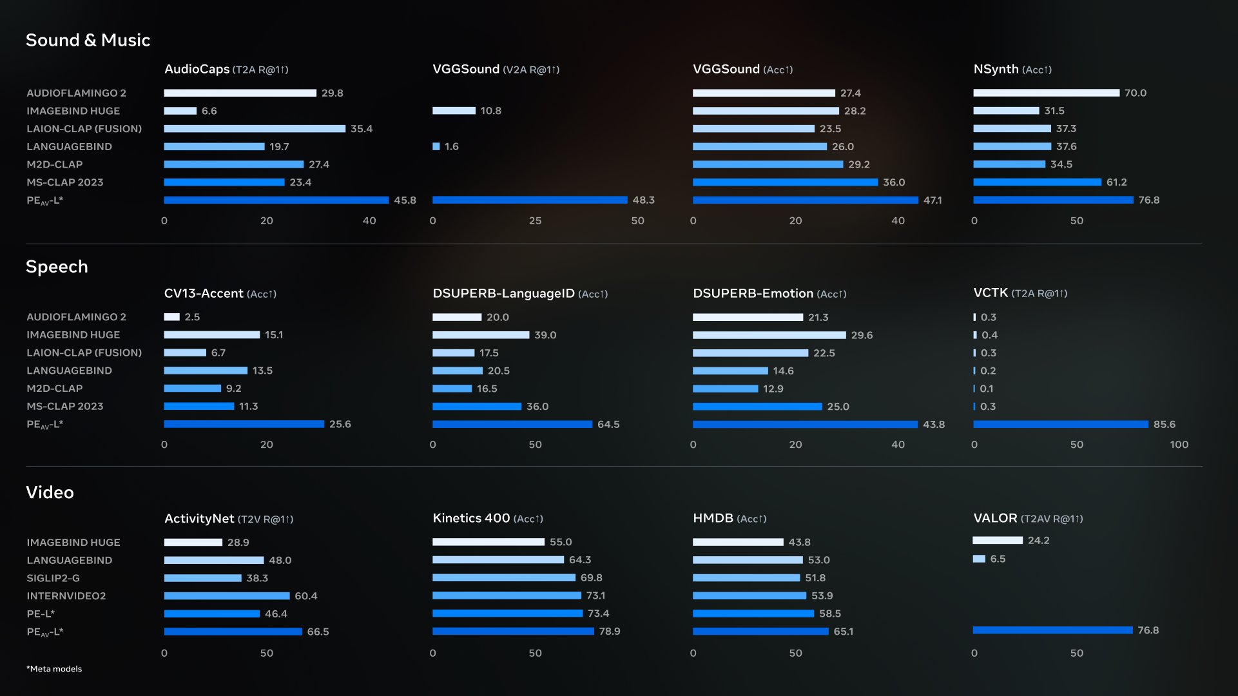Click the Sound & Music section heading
pyautogui.click(x=88, y=40)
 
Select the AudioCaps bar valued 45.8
pyautogui.click(x=276, y=200)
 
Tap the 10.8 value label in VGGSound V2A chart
pyautogui.click(x=490, y=111)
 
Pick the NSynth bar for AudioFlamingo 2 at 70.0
pyautogui.click(x=1045, y=93)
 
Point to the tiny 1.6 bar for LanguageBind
pyautogui.click(x=436, y=147)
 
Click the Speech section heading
pyautogui.click(x=57, y=267)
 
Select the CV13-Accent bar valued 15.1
pyautogui.click(x=211, y=335)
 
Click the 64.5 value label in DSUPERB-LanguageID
pyautogui.click(x=608, y=425)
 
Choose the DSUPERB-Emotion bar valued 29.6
pyautogui.click(x=769, y=335)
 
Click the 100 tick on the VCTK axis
pyautogui.click(x=1179, y=445)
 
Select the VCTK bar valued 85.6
pyautogui.click(x=1060, y=425)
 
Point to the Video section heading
pyautogui.click(x=50, y=492)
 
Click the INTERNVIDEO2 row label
pyautogui.click(x=66, y=596)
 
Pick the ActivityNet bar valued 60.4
pyautogui.click(x=226, y=596)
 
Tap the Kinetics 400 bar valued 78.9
pyautogui.click(x=513, y=632)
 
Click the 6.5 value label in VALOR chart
pyautogui.click(x=997, y=559)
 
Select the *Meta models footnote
pyautogui.click(x=54, y=669)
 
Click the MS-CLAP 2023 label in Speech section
pyautogui.click(x=64, y=407)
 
